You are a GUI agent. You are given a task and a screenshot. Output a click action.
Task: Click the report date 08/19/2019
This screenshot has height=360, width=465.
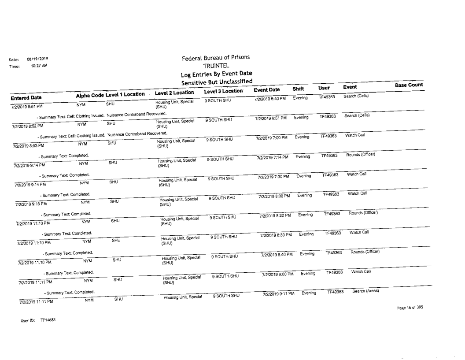38,59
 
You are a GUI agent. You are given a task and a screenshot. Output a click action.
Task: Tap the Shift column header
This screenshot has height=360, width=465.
299,89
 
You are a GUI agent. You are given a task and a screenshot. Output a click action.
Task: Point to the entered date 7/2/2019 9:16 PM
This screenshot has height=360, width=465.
31,204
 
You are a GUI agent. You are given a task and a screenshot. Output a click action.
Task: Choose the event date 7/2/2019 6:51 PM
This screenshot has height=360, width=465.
271,118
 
